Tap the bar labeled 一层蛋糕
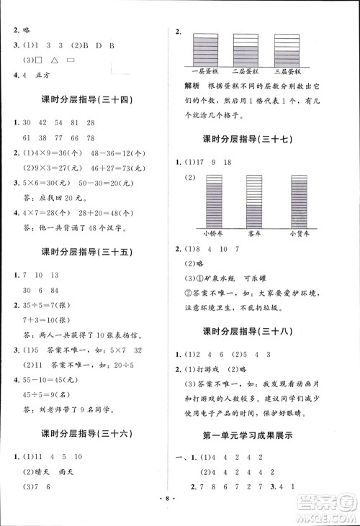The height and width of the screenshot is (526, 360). [205, 50]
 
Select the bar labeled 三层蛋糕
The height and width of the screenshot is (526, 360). [287, 50]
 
